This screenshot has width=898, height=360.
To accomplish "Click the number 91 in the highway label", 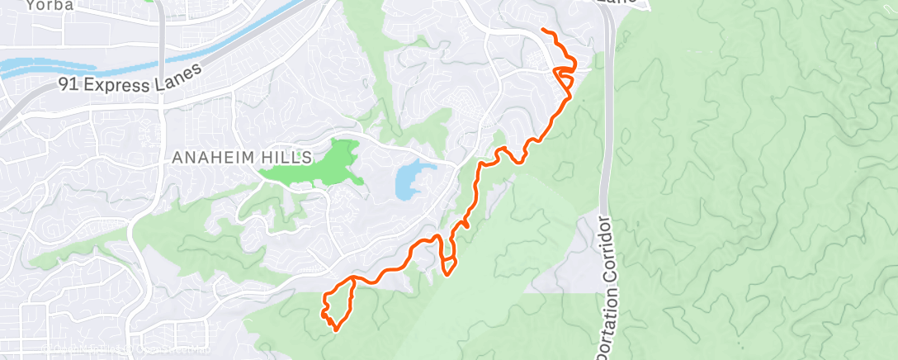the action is click(68, 84).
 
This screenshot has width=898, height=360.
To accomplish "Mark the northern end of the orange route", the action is click(543, 31).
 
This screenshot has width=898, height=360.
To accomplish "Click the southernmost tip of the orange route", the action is click(336, 329).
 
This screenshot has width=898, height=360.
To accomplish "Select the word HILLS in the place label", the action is click(291, 156).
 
